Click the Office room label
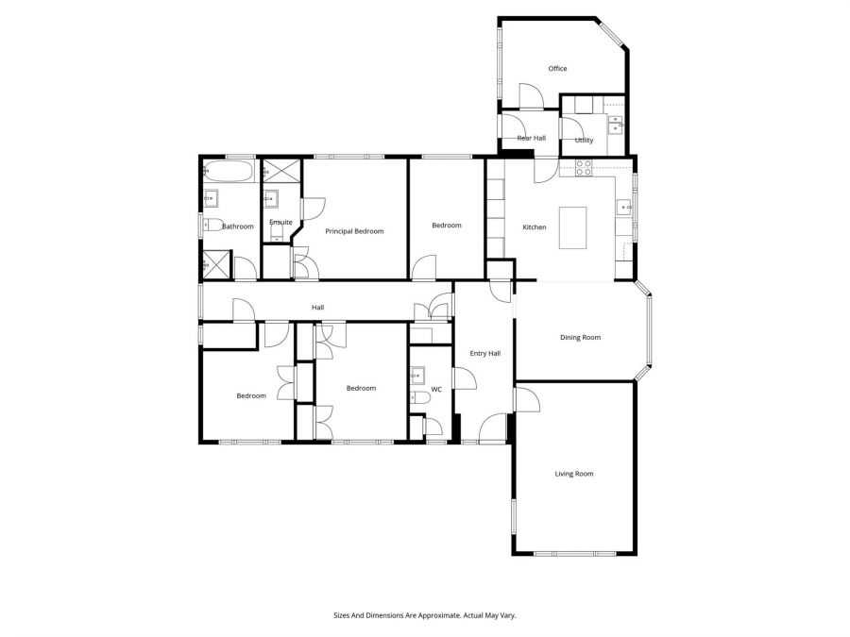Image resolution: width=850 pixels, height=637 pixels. pyautogui.click(x=557, y=68)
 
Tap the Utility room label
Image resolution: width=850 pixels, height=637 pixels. pyautogui.click(x=584, y=141)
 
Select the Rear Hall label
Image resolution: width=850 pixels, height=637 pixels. pyautogui.click(x=531, y=138)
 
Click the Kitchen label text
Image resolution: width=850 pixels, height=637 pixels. pyautogui.click(x=535, y=226)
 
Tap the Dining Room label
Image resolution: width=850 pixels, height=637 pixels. pyautogui.click(x=580, y=337)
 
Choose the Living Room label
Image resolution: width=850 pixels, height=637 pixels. pyautogui.click(x=573, y=474)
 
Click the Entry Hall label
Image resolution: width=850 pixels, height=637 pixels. pyautogui.click(x=485, y=353)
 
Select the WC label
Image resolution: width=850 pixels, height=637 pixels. pyautogui.click(x=436, y=389)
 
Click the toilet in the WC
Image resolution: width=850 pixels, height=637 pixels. pyautogui.click(x=420, y=399)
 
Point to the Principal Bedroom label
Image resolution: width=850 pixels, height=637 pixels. pyautogui.click(x=354, y=230)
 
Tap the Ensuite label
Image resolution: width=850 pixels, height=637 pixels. pyautogui.click(x=280, y=222)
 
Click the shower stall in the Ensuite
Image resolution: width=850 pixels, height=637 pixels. pyautogui.click(x=279, y=172)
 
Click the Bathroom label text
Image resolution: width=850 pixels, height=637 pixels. pyautogui.click(x=238, y=226)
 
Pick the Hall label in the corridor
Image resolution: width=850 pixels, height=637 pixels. pyautogui.click(x=318, y=308)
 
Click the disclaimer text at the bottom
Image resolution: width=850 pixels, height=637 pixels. pyautogui.click(x=424, y=615)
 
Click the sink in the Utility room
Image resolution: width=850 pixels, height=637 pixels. pyautogui.click(x=615, y=122)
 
